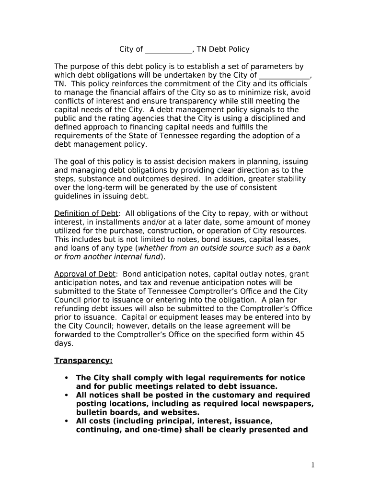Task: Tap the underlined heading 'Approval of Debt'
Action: tap(85, 274)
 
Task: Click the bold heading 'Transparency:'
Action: tap(83, 361)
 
